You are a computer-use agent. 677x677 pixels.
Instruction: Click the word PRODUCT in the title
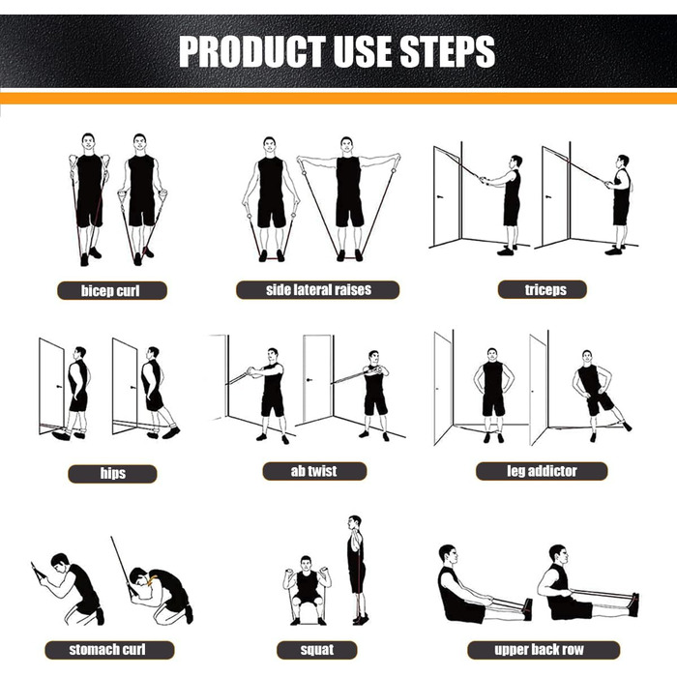coord(252,51)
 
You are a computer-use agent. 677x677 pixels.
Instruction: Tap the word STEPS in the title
coord(447,51)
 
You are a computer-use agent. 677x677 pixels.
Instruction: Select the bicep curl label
coord(112,290)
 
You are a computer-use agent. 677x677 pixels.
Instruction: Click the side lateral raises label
coord(318,290)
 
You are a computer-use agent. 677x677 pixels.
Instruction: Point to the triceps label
coord(543,289)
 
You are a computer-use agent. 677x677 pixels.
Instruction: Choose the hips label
coord(112,474)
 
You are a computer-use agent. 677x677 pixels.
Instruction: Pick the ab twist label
coord(314,471)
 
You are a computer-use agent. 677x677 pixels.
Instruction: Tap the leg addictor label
coord(542,471)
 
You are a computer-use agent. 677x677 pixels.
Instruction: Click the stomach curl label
coord(109,650)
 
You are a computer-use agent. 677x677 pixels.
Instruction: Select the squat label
coord(317,650)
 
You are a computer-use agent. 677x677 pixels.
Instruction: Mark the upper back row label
coord(544,650)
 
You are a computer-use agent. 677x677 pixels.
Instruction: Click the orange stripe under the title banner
coord(338,99)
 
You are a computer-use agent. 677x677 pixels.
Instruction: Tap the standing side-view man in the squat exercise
coord(357,570)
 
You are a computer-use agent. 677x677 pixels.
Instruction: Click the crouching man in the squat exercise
coord(307,590)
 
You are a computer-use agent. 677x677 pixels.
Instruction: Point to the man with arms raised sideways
coord(349,198)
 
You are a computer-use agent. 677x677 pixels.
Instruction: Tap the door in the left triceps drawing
coord(447,196)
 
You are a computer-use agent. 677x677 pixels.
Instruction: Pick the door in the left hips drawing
coord(52,386)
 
